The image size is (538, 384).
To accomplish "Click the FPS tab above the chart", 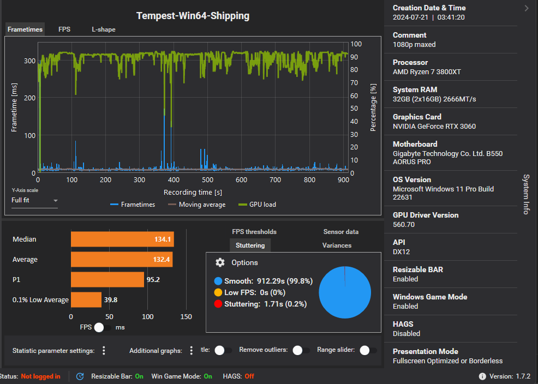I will tap(64, 29).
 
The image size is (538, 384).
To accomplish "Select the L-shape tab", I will tap(103, 29).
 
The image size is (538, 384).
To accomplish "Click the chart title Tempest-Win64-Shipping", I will tap(193, 16).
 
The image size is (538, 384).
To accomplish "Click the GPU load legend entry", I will tap(258, 205).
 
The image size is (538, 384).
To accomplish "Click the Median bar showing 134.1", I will tap(122, 239).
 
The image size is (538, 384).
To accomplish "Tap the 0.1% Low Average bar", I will tap(86, 299).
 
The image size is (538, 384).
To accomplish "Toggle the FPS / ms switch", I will tap(102, 327).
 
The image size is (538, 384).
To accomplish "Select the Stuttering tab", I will tap(250, 245).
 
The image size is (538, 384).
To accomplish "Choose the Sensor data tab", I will tap(341, 232).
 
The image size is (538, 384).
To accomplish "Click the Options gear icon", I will tap(220, 262).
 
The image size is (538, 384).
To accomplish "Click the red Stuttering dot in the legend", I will tap(218, 304).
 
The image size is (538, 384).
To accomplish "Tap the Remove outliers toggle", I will tap(301, 350).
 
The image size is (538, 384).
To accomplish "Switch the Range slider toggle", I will tap(368, 350).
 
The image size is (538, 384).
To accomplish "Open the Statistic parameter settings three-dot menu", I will tap(104, 351).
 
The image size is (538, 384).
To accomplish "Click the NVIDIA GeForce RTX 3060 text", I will tap(434, 127).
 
